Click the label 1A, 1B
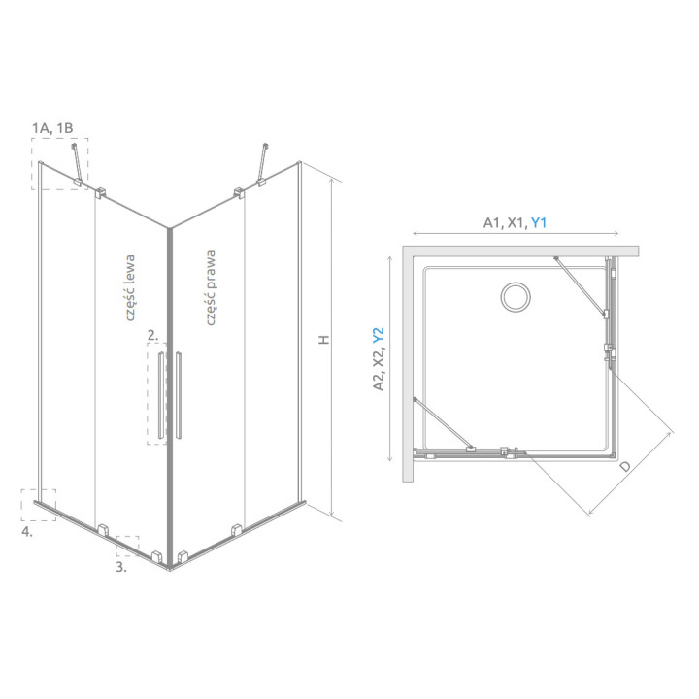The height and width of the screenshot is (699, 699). [52, 128]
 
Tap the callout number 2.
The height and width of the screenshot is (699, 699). [152, 335]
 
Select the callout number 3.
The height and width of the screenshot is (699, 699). [121, 567]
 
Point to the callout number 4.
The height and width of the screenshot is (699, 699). [27, 531]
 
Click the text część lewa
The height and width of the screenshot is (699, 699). [129, 288]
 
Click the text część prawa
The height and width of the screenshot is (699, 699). [211, 287]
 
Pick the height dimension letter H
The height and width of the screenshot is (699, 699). [324, 339]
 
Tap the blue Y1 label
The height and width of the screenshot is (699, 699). [539, 222]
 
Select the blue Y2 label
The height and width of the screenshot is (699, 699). [378, 336]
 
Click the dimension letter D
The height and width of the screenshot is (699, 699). [625, 467]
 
